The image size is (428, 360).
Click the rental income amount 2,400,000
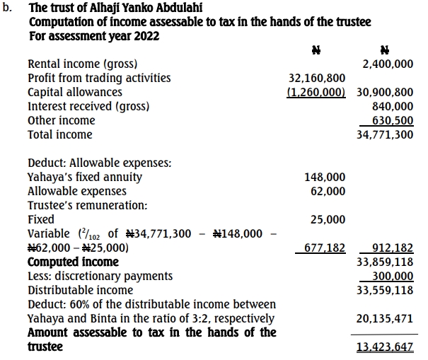[x=388, y=64]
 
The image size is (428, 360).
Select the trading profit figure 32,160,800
[x=317, y=79]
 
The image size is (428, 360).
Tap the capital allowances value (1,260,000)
[x=316, y=92]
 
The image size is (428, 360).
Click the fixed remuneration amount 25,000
[x=328, y=219]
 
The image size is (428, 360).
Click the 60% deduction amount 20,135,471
[x=385, y=319]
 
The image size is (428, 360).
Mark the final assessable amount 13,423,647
[x=385, y=347]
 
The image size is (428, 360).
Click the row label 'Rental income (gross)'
[x=83, y=64]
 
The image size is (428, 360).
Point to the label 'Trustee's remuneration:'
[x=87, y=205]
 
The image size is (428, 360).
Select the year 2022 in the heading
[x=145, y=36]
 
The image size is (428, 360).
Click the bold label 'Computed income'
[x=73, y=262]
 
